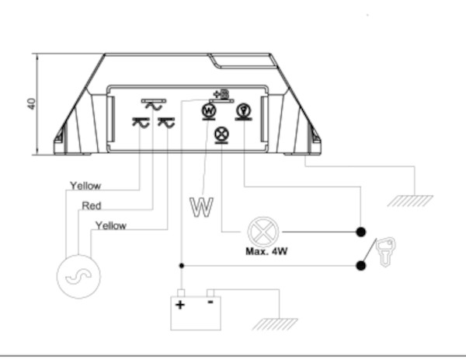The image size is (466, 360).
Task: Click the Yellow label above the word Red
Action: coord(85,186)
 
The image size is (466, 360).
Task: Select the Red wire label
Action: coord(92,206)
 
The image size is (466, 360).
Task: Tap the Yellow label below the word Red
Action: coord(111,225)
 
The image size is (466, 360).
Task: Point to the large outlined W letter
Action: coord(201,208)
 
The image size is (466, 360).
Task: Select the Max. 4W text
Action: coord(267,251)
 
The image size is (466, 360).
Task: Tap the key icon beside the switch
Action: coord(387,252)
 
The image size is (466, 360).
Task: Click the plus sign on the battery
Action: coord(181,304)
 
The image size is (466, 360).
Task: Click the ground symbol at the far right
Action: coord(411,200)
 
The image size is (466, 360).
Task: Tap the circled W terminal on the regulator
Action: coord(209,111)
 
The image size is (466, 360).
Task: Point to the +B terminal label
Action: coord(220,95)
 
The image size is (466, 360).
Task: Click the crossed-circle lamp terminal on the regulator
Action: coord(221,134)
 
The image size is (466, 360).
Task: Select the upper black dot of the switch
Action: coord(361,232)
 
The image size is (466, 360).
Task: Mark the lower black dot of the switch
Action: coord(361,266)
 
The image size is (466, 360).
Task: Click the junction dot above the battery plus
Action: coord(181,266)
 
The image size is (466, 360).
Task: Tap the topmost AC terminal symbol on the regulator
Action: coord(152,103)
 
